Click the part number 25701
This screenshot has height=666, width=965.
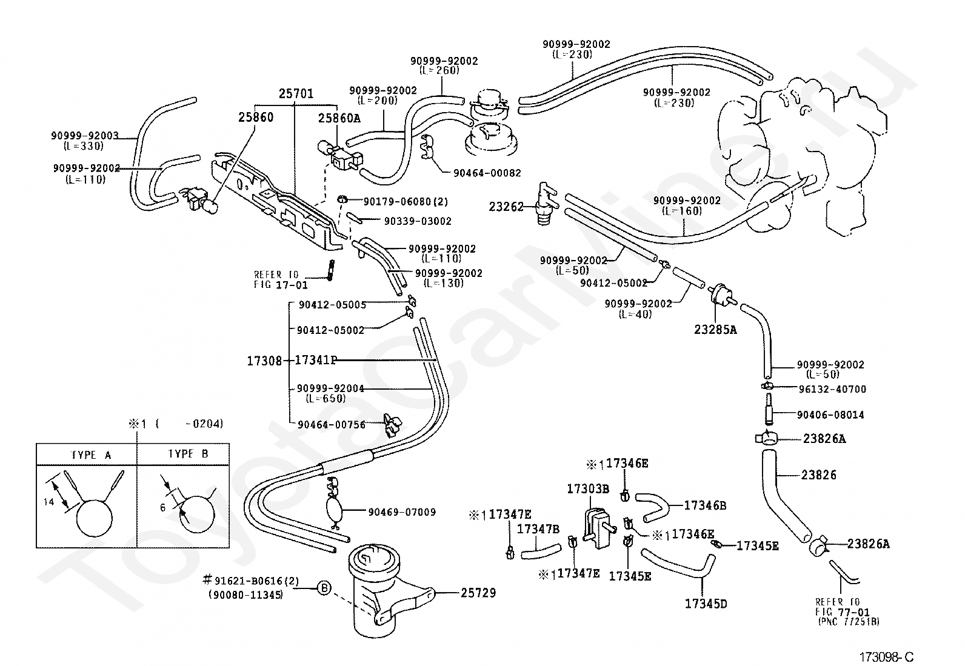coord(296,93)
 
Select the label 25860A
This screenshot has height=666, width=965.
coord(339,118)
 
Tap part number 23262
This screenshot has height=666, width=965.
coord(506,207)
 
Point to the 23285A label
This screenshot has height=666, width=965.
coord(715,330)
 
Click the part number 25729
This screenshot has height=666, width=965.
coord(478,593)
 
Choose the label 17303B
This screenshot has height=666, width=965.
coord(587,489)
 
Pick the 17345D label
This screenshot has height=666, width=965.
coord(706,604)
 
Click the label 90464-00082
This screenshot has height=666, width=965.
coord(487,173)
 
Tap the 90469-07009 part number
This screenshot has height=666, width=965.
coord(402,512)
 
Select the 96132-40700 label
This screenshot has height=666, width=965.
coord(832,390)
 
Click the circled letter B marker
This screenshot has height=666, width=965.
coord(324,588)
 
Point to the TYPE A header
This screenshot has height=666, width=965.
coord(91,455)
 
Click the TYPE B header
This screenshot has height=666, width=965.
coord(188,454)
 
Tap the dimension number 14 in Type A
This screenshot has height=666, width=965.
coord(48,502)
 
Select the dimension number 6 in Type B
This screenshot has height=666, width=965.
coord(162,508)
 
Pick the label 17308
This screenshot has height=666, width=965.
coord(264,361)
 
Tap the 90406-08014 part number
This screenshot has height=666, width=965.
coord(830,415)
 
